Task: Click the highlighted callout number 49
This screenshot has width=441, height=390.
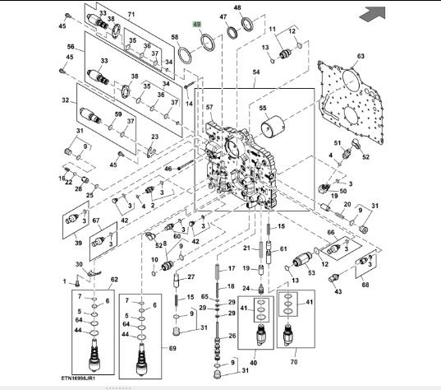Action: pyautogui.click(x=197, y=24)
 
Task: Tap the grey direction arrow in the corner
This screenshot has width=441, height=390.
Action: pyautogui.click(x=373, y=14)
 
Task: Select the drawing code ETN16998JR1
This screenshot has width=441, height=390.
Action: pyautogui.click(x=78, y=378)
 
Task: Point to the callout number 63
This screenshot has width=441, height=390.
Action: pyautogui.click(x=361, y=56)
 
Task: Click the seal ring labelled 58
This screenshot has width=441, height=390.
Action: pyautogui.click(x=185, y=55)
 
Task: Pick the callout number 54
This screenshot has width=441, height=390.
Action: pyautogui.click(x=256, y=72)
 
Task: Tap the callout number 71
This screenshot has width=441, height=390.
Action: pyautogui.click(x=131, y=14)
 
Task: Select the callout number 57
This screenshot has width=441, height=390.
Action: pyautogui.click(x=209, y=107)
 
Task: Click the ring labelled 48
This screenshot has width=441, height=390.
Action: pyautogui.click(x=247, y=24)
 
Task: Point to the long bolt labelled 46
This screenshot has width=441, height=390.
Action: pyautogui.click(x=186, y=165)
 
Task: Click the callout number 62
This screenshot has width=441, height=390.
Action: pyautogui.click(x=114, y=280)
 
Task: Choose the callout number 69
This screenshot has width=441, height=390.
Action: pyautogui.click(x=172, y=348)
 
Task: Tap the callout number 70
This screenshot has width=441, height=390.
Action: pyautogui.click(x=294, y=361)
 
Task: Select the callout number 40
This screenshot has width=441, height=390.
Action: pyautogui.click(x=254, y=363)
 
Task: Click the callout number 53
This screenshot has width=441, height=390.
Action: pyautogui.click(x=311, y=273)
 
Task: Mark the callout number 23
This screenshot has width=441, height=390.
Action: pyautogui.click(x=155, y=137)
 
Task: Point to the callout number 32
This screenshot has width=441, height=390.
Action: pyautogui.click(x=65, y=100)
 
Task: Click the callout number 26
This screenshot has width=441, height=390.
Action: pyautogui.click(x=232, y=336)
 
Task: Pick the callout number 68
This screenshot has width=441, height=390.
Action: pyautogui.click(x=365, y=285)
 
